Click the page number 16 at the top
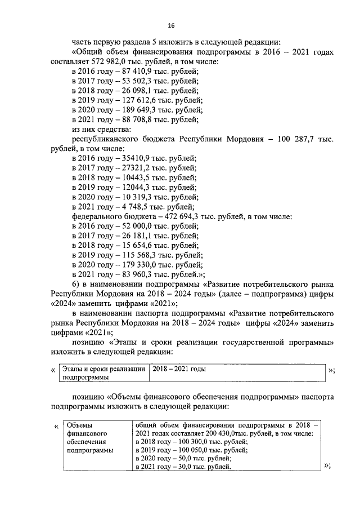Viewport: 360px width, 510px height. pyautogui.click(x=172, y=24)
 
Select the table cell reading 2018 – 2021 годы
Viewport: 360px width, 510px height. pyautogui.click(x=178, y=369)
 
